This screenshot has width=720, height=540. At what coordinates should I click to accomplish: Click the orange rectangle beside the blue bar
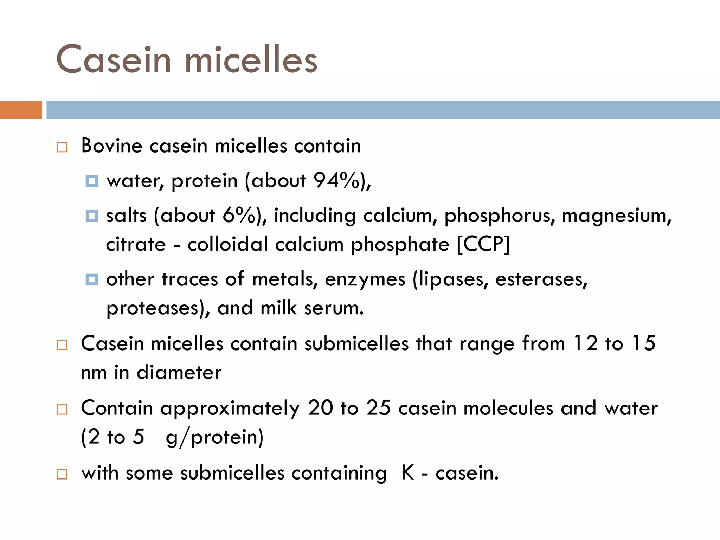[21, 110]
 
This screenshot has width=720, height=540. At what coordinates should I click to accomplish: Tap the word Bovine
[111, 146]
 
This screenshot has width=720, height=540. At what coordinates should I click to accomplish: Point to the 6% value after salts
[239, 215]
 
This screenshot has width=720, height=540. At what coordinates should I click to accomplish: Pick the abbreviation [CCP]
[483, 244]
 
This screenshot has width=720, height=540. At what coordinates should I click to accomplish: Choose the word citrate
[136, 244]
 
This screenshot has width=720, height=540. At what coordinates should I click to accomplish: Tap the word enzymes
[365, 280]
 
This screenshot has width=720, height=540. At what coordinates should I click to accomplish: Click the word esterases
[541, 279]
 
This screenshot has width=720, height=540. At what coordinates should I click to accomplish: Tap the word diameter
[179, 372]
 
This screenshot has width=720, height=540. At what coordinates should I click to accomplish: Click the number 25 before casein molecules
[378, 408]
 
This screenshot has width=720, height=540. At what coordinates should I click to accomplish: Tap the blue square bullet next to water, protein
[92, 181]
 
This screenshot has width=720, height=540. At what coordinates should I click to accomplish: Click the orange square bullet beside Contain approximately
[62, 409]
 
